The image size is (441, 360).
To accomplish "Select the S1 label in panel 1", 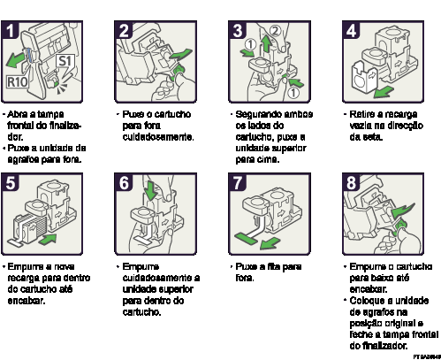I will (x=65, y=62).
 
